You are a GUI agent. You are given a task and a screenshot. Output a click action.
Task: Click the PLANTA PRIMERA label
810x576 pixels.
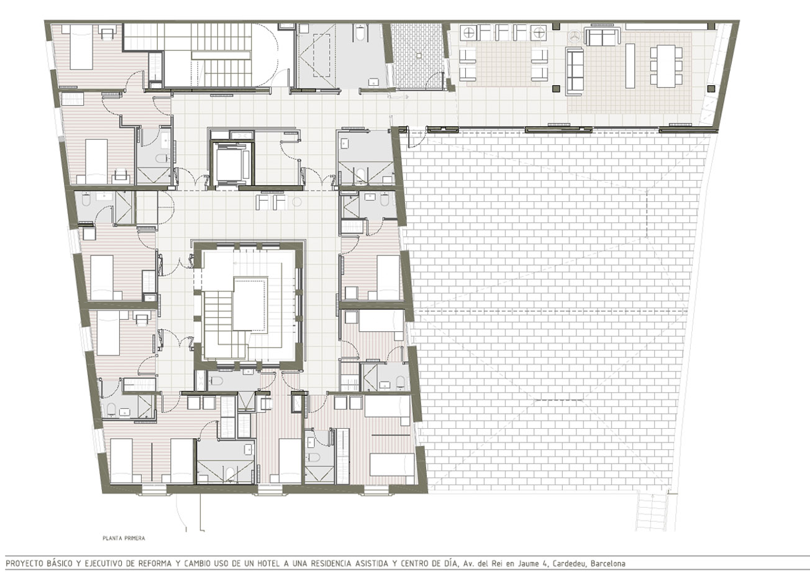[124, 538]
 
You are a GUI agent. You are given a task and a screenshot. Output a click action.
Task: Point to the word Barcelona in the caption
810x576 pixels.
[608, 564]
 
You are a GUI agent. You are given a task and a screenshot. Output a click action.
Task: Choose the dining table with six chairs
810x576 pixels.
[666, 66]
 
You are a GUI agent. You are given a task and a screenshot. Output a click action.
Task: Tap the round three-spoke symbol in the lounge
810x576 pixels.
[573, 36]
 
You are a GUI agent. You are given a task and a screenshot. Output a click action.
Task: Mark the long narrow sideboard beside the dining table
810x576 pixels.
[630, 66]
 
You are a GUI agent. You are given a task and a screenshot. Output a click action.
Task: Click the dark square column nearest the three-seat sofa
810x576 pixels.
[556, 88]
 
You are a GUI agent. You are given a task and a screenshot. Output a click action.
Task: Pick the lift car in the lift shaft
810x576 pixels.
[232, 163]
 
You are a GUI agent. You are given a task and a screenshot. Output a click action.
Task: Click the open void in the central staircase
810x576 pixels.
[250, 304]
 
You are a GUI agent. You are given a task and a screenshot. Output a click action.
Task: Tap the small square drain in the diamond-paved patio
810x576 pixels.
[419, 55]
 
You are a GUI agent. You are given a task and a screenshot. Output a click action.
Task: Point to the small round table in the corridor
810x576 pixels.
[297, 202]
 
